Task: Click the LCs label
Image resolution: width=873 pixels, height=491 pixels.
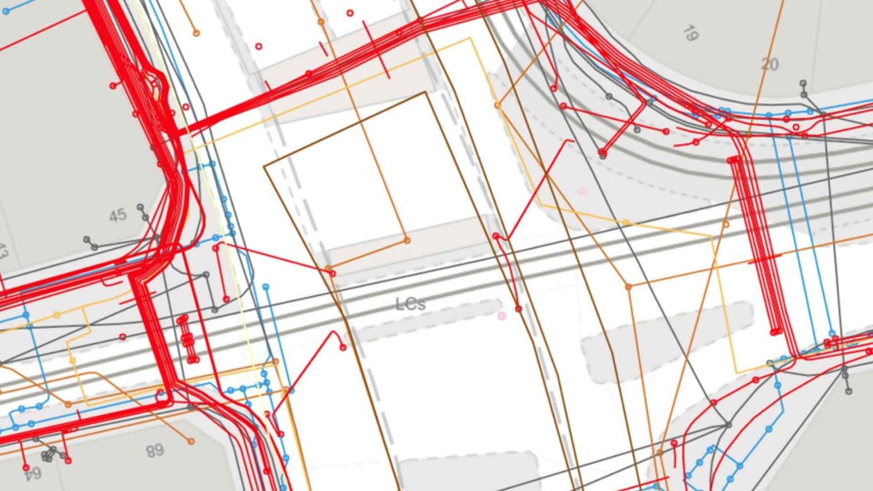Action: click(410, 304)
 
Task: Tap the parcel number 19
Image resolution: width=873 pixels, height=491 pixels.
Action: click(691, 33)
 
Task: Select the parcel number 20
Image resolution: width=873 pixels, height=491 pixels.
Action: click(770, 64)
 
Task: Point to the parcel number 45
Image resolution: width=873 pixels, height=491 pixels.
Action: click(117, 215)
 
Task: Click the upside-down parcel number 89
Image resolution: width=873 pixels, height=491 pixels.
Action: click(155, 451)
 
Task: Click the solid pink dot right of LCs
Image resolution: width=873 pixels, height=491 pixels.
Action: click(502, 316)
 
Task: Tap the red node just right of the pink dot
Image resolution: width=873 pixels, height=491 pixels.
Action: click(518, 309)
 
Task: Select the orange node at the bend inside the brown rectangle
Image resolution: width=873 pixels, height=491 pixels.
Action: click(406, 240)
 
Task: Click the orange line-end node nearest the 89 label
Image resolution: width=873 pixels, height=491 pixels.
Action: click(191, 442)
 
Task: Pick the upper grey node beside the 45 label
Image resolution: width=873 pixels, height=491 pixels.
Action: click(140, 207)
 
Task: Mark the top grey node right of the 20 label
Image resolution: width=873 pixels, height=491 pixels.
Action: click(803, 83)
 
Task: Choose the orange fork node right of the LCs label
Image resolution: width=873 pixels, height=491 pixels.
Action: click(629, 287)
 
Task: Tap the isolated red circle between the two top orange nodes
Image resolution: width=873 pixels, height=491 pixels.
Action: click(259, 47)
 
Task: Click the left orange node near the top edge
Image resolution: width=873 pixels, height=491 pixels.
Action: click(196, 33)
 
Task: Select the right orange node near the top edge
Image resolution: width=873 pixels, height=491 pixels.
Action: click(321, 22)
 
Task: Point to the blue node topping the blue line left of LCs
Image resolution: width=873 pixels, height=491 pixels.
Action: click(266, 287)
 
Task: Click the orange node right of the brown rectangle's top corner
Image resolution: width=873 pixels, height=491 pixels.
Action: click(497, 105)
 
